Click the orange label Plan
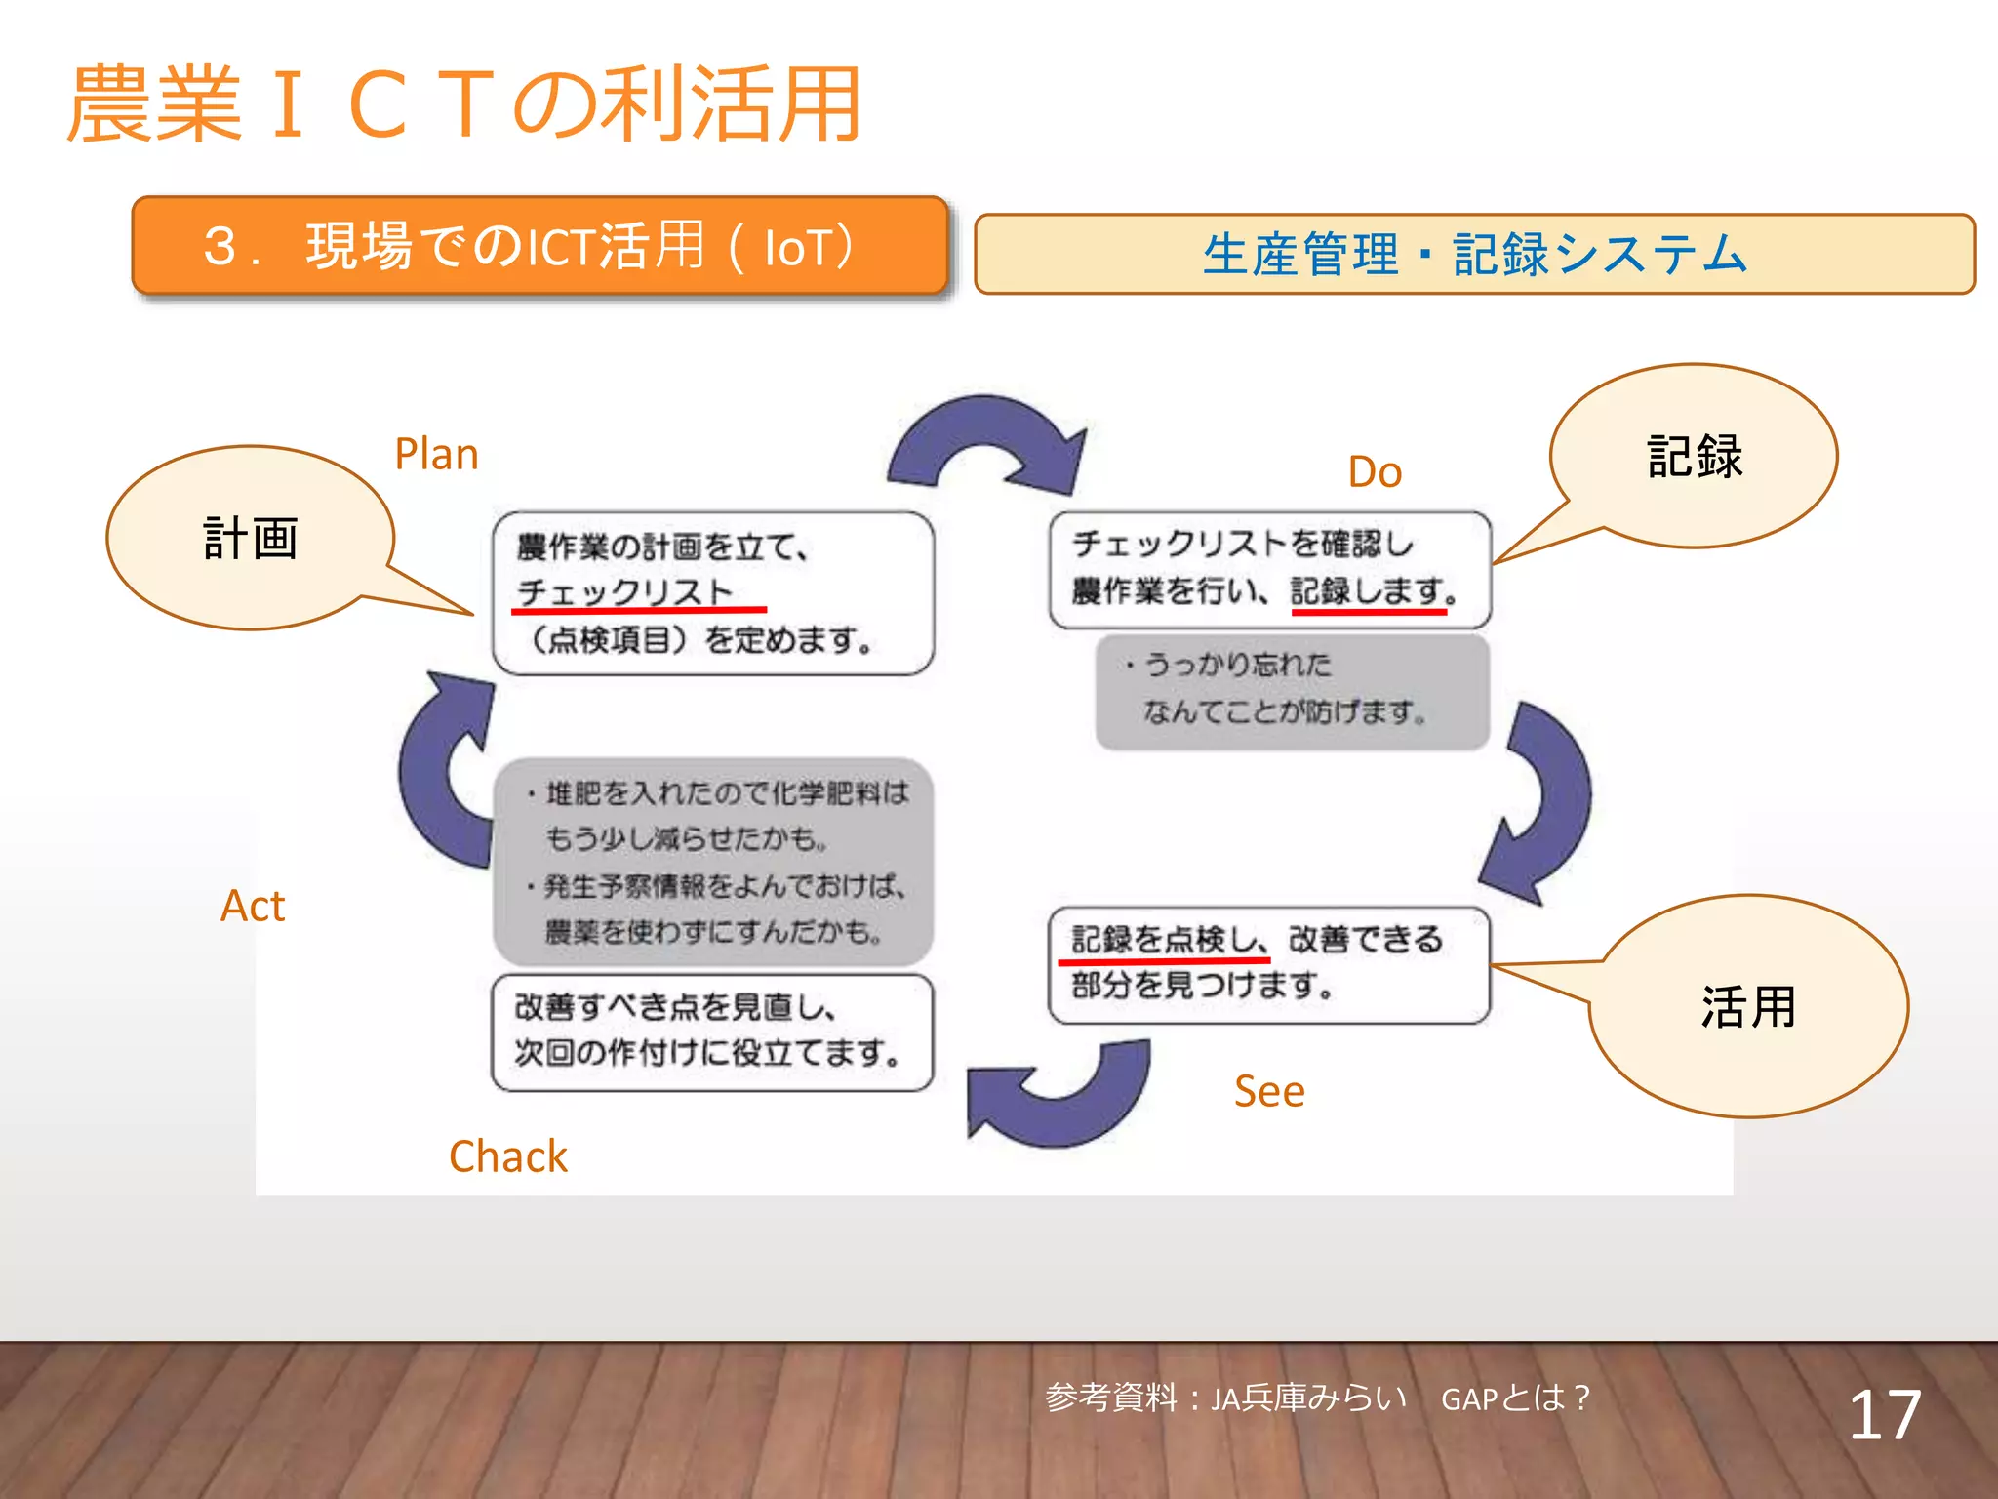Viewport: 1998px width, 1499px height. [x=436, y=455]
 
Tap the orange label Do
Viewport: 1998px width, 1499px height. [x=1375, y=472]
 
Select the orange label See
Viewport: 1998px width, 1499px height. [x=1268, y=1091]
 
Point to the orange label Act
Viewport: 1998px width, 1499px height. [x=253, y=907]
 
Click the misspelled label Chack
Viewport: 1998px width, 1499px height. [x=507, y=1156]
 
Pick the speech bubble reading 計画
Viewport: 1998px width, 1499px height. [x=251, y=539]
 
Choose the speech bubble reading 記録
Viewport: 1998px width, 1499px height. [x=1694, y=457]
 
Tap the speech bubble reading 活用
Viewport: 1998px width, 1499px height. [x=1748, y=1007]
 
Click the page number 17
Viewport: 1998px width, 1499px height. [x=1884, y=1415]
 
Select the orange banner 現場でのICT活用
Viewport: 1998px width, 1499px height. [x=539, y=246]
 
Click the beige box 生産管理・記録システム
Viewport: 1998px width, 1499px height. [x=1474, y=255]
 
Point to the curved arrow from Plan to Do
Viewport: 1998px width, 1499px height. [x=990, y=444]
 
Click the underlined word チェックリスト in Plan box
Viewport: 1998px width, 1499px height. [x=625, y=592]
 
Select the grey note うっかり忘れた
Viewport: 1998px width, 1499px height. [x=1292, y=691]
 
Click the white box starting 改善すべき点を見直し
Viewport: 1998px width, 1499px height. [x=712, y=1032]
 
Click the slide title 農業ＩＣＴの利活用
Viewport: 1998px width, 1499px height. [x=463, y=104]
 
